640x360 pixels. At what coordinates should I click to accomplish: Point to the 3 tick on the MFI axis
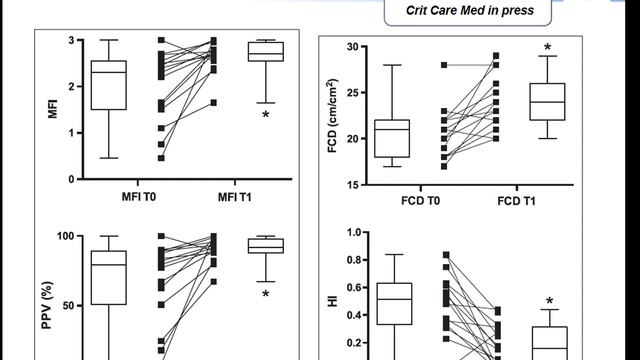tap(72, 41)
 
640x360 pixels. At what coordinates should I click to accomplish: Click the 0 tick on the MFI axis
tap(72, 180)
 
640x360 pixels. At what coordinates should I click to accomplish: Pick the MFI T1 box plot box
tap(266, 51)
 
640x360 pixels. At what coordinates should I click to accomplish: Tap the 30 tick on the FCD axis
tap(351, 47)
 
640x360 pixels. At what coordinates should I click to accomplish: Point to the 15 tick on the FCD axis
tap(351, 185)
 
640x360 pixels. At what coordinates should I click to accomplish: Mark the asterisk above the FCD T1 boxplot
tap(548, 47)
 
